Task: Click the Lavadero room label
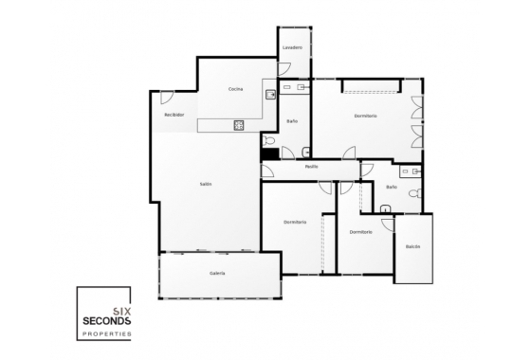coord(292,47)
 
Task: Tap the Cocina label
coord(236,89)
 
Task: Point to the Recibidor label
coord(174,115)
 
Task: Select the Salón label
coord(206,184)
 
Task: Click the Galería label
coord(217,273)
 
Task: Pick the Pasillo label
coord(311,167)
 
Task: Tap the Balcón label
coord(412,246)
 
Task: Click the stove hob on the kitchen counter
coord(237,125)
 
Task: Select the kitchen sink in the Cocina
coord(271,94)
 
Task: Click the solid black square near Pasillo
coord(269,153)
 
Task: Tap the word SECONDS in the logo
coord(107,320)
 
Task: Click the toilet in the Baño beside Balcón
coord(411,192)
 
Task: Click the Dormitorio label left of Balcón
coord(360,231)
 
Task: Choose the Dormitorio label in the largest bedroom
coord(366,116)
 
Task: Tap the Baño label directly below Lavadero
coord(293,120)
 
